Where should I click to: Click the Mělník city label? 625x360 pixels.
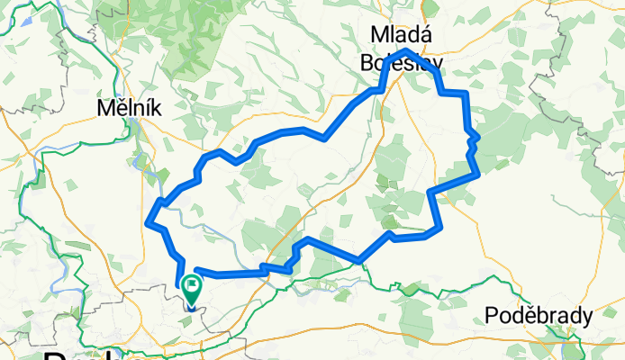pyautogui.click(x=130, y=108)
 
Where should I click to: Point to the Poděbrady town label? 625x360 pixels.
pyautogui.click(x=538, y=316)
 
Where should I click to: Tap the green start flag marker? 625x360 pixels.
pyautogui.click(x=192, y=289)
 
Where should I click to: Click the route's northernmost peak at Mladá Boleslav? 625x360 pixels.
pyautogui.click(x=405, y=50)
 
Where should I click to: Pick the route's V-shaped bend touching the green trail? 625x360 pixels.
pyautogui.click(x=360, y=261)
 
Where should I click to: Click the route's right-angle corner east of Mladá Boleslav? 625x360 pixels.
pyautogui.click(x=466, y=94)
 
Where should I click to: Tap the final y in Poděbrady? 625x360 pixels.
pyautogui.click(x=587, y=318)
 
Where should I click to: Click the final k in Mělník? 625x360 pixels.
pyautogui.click(x=155, y=108)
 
